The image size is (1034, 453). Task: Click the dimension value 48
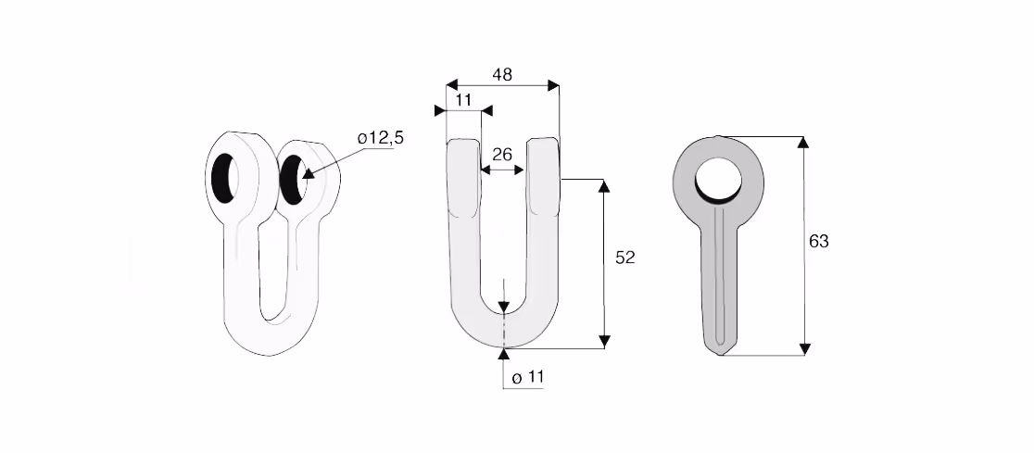(x=502, y=75)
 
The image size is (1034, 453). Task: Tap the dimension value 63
(x=818, y=242)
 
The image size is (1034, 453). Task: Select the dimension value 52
(x=624, y=258)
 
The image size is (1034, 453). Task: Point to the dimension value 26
(x=502, y=155)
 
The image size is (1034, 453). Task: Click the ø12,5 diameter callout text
(x=381, y=138)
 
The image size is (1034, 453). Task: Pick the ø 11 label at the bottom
(x=527, y=378)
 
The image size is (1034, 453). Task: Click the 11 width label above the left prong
(x=463, y=100)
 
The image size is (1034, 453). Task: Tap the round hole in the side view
(x=719, y=180)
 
